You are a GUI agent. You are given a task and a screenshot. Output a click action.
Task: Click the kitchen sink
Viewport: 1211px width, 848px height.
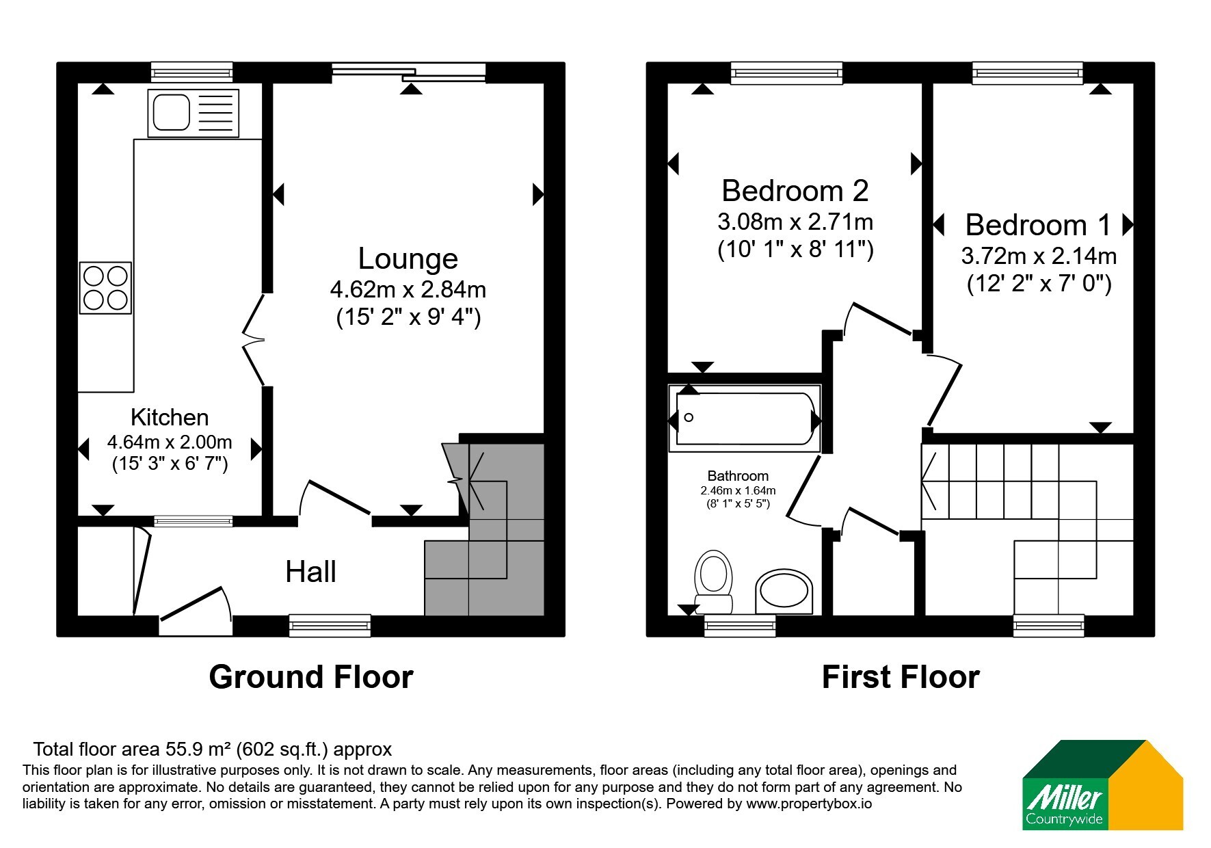click(194, 113)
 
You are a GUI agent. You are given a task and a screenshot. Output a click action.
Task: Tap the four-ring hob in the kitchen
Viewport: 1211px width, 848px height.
click(105, 288)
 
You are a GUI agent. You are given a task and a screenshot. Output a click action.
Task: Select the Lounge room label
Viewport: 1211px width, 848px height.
click(408, 259)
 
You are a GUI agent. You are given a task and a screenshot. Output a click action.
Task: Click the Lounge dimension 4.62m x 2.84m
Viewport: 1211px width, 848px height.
click(408, 290)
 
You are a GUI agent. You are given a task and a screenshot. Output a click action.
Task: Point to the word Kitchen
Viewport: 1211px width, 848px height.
click(170, 417)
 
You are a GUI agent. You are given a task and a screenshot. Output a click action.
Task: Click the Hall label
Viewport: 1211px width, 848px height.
click(310, 572)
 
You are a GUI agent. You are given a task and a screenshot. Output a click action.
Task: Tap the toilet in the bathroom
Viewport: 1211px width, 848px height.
click(713, 582)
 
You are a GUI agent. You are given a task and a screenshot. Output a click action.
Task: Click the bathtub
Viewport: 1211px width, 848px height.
click(745, 418)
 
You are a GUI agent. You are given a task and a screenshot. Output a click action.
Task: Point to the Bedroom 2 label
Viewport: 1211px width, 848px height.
click(795, 191)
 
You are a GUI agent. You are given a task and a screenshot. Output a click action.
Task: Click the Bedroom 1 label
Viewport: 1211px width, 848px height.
click(1039, 225)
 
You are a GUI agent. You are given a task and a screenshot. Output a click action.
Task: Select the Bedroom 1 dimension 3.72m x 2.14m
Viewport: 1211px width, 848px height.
click(1039, 256)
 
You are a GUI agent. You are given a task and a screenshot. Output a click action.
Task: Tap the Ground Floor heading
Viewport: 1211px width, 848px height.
click(311, 677)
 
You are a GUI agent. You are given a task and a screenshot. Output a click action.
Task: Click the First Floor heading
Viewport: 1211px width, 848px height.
click(901, 677)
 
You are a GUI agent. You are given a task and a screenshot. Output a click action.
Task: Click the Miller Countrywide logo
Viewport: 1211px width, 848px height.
click(1102, 785)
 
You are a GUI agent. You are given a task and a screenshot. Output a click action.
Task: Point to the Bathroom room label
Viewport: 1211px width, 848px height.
click(738, 476)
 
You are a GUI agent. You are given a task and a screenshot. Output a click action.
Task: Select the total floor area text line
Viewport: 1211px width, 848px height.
click(213, 750)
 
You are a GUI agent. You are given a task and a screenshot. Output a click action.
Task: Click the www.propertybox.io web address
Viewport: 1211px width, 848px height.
click(809, 804)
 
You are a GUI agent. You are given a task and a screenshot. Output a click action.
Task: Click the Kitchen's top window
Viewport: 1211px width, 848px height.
click(192, 72)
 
